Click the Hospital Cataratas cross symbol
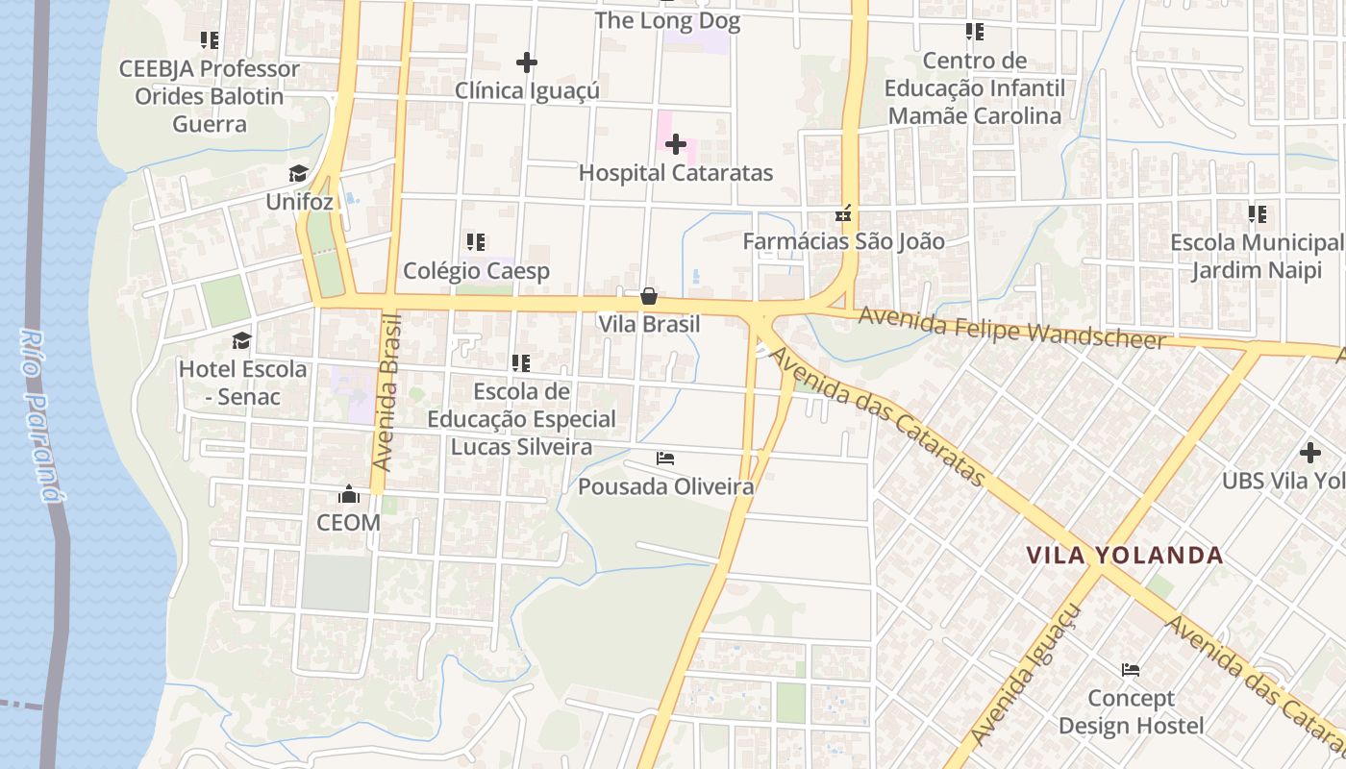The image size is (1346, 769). [x=676, y=145]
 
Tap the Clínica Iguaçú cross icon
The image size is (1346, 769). [x=526, y=62]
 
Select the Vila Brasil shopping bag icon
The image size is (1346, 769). [x=649, y=296]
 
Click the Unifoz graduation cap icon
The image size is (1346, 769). [x=299, y=174]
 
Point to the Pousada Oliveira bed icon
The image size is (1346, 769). [x=665, y=459]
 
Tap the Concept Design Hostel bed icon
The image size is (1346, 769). [x=1131, y=669]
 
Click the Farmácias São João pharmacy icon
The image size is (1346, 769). [x=843, y=213]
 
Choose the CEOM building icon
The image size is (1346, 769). [x=348, y=495]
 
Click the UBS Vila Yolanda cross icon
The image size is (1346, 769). [x=1309, y=452]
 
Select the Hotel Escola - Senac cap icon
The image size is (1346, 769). [x=241, y=341]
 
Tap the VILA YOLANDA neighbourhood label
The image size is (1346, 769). [x=1124, y=556]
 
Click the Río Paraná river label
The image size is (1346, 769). [x=38, y=415]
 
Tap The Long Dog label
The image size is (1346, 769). [x=667, y=21]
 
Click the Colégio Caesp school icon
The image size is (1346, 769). [x=476, y=242]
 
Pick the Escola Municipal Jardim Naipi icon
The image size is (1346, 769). [x=1258, y=214]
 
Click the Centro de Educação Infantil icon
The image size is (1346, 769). [x=975, y=33]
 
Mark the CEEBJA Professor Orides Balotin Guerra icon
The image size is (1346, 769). [x=210, y=40]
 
